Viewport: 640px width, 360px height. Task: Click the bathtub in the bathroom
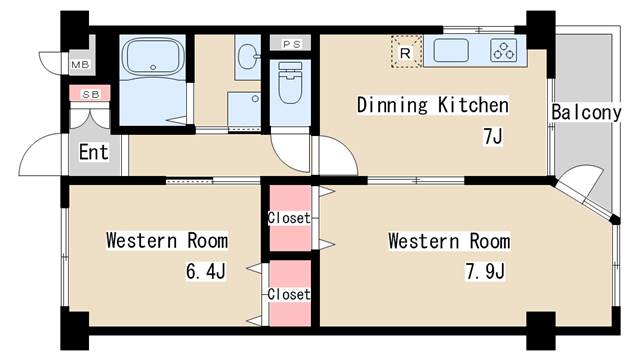tap(153, 57)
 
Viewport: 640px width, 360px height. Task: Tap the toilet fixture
tap(290, 82)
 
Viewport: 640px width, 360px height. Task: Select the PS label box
tap(291, 44)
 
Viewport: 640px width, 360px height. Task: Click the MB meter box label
tap(80, 64)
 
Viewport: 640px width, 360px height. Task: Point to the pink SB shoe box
tap(90, 93)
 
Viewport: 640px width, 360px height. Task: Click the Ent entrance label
tap(94, 152)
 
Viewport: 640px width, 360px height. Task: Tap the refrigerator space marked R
tap(406, 52)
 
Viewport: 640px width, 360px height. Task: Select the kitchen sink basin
tap(451, 50)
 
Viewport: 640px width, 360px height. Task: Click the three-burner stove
tap(504, 50)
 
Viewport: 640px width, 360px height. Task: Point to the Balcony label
tap(586, 112)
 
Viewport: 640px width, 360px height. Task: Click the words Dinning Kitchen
tap(433, 105)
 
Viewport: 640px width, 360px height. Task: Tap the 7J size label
tap(493, 136)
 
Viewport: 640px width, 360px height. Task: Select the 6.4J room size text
tap(206, 271)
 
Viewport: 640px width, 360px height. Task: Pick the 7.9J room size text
tap(485, 271)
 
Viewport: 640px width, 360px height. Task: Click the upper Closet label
tap(289, 218)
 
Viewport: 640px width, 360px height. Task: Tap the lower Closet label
tap(289, 294)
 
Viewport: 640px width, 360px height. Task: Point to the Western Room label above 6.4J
tap(167, 240)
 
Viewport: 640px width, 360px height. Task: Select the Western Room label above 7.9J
tap(449, 241)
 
